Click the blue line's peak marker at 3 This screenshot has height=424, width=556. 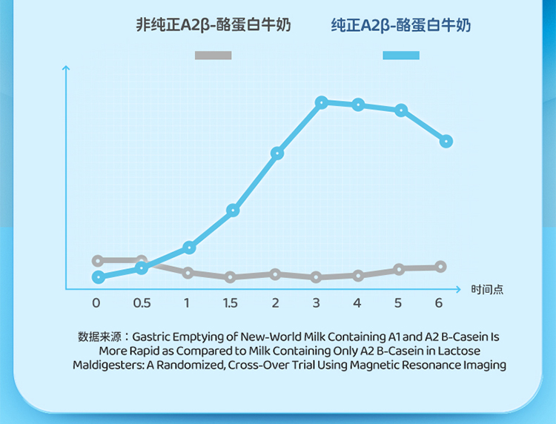[x=321, y=102]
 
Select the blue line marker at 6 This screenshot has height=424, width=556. [x=446, y=141]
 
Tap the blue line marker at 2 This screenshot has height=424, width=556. [x=277, y=153]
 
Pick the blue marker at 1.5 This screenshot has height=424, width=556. [x=233, y=211]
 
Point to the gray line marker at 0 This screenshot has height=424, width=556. [x=97, y=261]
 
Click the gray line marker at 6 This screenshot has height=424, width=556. [x=440, y=267]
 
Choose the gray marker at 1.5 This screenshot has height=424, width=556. [x=231, y=277]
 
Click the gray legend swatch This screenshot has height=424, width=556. [x=214, y=55]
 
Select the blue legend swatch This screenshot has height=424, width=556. [x=401, y=55]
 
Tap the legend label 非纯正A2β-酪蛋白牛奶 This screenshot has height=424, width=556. [x=214, y=25]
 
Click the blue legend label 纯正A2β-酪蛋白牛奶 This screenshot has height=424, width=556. [x=401, y=26]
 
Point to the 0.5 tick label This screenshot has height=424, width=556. [x=142, y=303]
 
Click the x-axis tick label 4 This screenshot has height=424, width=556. [x=357, y=303]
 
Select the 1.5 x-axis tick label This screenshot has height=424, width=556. [x=230, y=303]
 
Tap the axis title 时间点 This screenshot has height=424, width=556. [x=487, y=289]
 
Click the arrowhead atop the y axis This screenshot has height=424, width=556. [x=66, y=69]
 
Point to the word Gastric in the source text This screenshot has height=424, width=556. [x=153, y=337]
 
